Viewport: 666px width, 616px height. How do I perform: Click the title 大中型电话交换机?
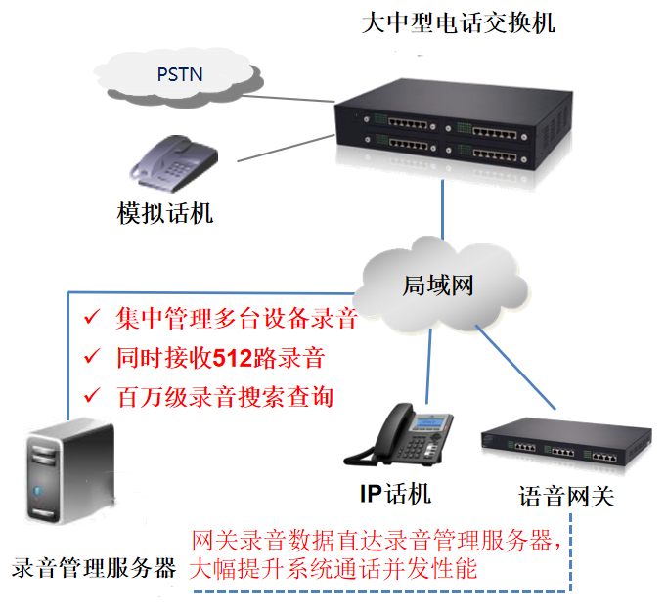coord(458,22)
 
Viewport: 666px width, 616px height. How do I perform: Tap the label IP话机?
coord(395,493)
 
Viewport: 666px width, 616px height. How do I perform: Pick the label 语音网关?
coord(565,496)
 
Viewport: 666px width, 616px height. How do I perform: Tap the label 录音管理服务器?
coord(94,568)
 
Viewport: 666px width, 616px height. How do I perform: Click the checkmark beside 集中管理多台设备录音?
coord(91,318)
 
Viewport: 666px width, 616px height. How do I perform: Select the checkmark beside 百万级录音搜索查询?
coord(91,396)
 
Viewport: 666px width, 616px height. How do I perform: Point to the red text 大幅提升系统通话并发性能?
coord(333,568)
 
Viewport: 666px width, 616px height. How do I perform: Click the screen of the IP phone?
coord(430,422)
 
